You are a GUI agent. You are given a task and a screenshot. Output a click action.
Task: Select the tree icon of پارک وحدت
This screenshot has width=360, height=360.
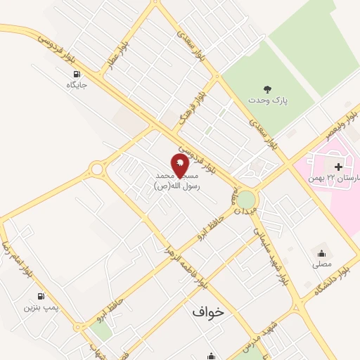point(267,89)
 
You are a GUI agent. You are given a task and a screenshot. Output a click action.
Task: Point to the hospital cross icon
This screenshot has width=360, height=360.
point(338,167)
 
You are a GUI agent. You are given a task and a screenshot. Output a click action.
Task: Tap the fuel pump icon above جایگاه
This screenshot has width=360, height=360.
point(76,73)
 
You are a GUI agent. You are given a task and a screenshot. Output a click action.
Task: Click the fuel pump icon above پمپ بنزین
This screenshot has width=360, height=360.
point(41,296)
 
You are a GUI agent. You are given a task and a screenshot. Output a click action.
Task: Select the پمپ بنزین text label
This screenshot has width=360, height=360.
point(39,307)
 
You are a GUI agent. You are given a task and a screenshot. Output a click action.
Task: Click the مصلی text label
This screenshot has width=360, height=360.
point(322,265)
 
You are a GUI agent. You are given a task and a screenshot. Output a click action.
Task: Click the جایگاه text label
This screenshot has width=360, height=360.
point(76,85)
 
